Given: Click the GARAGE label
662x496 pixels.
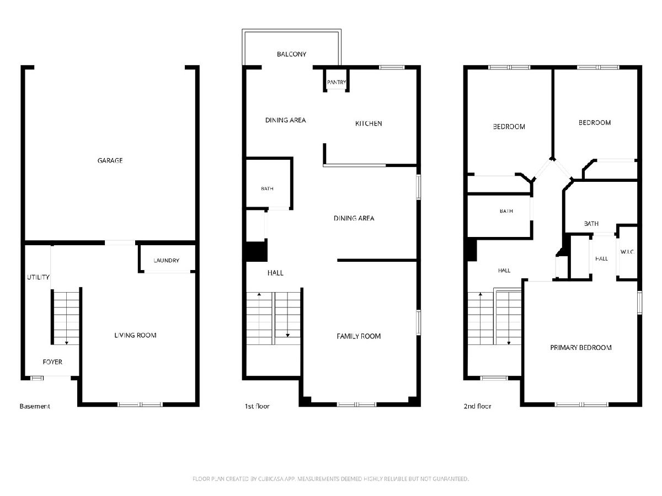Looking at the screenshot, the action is [x=110, y=160].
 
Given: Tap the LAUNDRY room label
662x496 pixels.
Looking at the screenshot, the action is [x=166, y=261].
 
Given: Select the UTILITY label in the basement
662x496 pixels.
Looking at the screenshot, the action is [x=38, y=277].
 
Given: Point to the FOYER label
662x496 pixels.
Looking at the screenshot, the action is [x=52, y=362].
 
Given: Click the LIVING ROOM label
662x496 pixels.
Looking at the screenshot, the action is [x=135, y=336].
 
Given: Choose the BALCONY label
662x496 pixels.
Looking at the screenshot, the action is [x=292, y=54].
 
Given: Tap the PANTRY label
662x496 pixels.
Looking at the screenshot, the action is [x=337, y=82].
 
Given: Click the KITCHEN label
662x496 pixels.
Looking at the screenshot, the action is [x=369, y=123].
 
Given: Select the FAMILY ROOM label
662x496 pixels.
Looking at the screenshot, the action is [x=359, y=336].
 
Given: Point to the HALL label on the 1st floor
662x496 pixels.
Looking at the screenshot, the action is [x=275, y=273].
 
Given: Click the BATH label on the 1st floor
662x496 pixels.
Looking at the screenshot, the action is [x=267, y=189].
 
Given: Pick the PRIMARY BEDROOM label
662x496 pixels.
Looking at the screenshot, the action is [x=581, y=348].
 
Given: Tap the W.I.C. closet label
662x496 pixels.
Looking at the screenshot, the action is [x=627, y=252].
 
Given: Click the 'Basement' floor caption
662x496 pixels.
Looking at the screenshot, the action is [x=35, y=406].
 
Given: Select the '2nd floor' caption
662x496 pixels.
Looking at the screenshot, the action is [x=477, y=406].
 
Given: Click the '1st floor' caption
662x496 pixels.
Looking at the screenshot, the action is [x=257, y=406].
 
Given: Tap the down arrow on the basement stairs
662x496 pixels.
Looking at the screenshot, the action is [x=67, y=343].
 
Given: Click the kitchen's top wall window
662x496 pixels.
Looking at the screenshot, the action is [x=392, y=67].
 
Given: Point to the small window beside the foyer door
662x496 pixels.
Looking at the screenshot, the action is [x=37, y=378].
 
